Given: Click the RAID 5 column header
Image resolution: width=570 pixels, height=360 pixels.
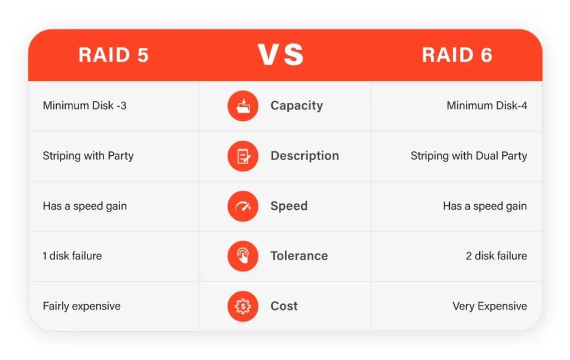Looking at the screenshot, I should [x=114, y=55].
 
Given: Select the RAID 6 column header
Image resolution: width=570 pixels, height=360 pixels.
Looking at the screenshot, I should [x=457, y=55].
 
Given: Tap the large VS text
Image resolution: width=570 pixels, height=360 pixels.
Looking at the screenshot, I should [x=281, y=55].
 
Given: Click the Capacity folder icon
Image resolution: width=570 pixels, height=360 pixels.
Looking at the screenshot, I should [x=243, y=106].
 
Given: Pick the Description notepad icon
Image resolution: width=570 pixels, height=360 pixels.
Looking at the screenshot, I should [x=243, y=156].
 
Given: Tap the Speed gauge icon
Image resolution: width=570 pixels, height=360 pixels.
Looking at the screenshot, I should [x=243, y=206].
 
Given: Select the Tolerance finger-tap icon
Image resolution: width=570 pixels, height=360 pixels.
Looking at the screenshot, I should [x=243, y=256].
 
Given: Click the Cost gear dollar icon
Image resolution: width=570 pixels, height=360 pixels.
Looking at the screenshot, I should [x=243, y=306].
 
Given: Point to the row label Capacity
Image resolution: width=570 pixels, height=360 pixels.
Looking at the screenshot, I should [x=296, y=106].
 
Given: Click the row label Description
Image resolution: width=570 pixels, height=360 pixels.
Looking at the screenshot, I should [x=304, y=156].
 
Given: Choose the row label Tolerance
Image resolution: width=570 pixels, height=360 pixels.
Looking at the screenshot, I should [x=299, y=256].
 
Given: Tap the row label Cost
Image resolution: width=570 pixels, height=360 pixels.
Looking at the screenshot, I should [x=284, y=306].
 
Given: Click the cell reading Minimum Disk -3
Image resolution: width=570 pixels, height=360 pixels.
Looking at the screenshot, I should [x=85, y=105].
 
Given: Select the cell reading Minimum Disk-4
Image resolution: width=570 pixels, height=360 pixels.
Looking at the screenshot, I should [x=487, y=105].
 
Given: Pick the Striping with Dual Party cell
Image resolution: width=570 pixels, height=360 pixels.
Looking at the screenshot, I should [x=469, y=156].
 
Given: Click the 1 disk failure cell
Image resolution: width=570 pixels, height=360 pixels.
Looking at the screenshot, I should [x=72, y=256].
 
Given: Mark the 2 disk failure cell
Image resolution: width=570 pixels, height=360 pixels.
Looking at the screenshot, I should [x=497, y=256].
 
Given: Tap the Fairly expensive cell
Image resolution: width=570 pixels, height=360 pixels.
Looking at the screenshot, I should [x=82, y=306].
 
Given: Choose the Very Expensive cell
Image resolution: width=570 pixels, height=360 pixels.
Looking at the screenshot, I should [x=490, y=306].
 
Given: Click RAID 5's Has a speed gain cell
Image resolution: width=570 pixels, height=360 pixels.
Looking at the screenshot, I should [x=85, y=206].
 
